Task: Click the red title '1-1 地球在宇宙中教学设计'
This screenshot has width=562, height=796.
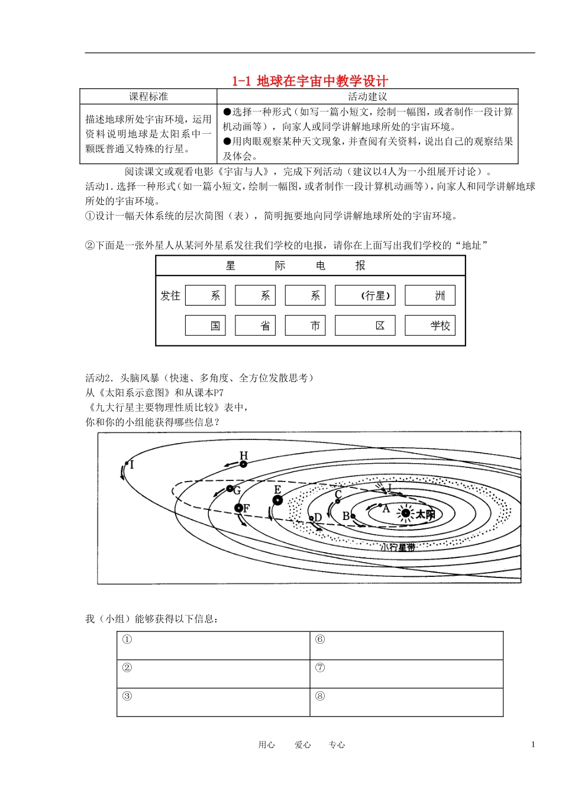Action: [310, 81]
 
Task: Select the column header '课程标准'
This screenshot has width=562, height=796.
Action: [148, 97]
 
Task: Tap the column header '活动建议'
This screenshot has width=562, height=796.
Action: [367, 97]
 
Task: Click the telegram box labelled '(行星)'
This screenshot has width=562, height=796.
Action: [365, 296]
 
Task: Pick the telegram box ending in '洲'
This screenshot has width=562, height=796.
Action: [430, 296]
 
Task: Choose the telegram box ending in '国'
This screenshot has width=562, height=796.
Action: [205, 325]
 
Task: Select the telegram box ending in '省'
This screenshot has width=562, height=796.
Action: [255, 325]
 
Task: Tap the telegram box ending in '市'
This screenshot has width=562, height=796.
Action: [305, 325]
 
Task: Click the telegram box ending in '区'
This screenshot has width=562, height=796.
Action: [365, 325]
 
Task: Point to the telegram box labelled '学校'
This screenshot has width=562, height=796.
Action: [430, 325]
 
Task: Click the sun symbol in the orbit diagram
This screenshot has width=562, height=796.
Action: [405, 513]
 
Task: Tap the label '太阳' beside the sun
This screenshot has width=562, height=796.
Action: [425, 514]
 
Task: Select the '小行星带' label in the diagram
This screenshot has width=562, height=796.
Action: [398, 547]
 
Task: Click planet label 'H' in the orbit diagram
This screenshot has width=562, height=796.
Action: [244, 455]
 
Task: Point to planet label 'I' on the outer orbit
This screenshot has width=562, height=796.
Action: [132, 464]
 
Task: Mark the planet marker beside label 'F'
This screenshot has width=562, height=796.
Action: [239, 508]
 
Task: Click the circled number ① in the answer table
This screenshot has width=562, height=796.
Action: [127, 640]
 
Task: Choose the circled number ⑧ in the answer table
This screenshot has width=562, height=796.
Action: [320, 696]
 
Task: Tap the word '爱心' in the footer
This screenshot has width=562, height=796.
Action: [303, 745]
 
